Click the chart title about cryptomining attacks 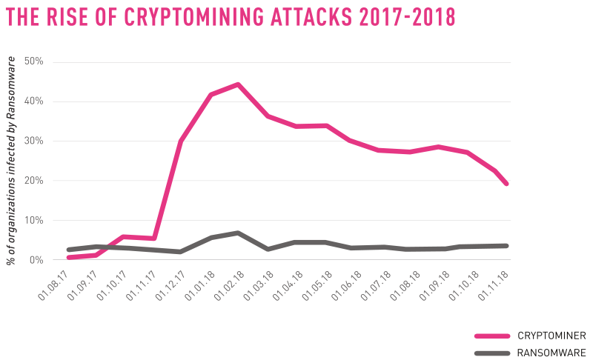[231, 17]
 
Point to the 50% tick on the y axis [34, 61]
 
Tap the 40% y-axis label [34, 101]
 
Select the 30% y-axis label [34, 141]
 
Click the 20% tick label [34, 181]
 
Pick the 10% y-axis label [34, 221]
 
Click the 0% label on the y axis [36, 260]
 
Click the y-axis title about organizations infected [12, 159]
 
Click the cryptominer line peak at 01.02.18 [237, 84]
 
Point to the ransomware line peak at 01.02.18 [237, 233]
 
